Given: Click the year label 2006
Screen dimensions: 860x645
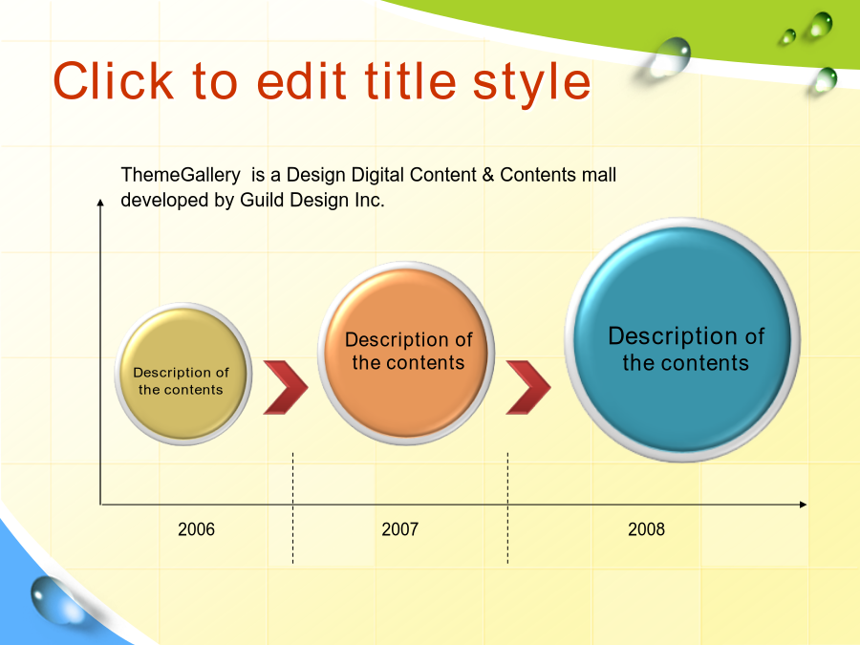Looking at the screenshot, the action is pos(196,529).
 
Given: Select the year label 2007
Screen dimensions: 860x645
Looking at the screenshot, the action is pos(399,529).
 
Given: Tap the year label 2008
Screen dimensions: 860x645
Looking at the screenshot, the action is pos(646,529).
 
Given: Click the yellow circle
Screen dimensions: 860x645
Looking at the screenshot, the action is pos(183,374).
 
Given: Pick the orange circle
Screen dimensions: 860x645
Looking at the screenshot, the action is pos(406,354).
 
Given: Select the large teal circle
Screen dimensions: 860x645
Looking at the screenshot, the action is pos(682,340).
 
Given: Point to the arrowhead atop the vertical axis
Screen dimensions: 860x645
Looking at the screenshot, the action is pos(100,203).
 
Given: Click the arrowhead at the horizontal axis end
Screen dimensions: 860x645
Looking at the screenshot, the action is pos(803,504).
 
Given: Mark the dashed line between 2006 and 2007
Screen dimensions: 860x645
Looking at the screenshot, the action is pos(293,508).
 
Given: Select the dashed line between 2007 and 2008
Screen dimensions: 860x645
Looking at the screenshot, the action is pos(508,508).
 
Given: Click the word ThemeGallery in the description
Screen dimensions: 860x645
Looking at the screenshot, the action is pos(181,175).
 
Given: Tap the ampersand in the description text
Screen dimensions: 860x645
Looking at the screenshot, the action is pos(488,175).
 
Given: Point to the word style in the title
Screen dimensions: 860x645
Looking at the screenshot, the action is pos(531,83).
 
